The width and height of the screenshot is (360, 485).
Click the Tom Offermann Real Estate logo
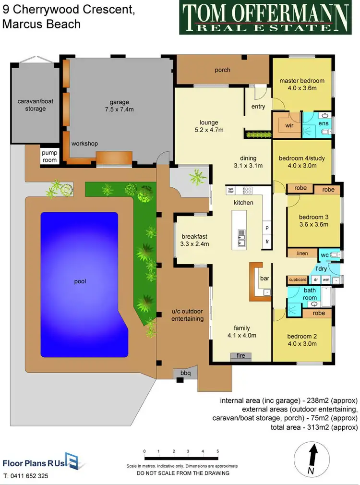[264, 18]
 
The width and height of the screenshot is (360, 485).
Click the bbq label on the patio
[185, 373]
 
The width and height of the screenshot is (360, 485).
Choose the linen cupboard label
[302, 253]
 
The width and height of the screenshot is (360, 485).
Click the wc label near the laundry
[324, 254]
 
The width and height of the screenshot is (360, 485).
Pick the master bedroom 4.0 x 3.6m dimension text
[302, 88]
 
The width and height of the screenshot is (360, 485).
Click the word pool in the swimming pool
[80, 281]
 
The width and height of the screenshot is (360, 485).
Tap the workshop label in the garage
[84, 144]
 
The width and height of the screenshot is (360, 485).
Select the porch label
[222, 70]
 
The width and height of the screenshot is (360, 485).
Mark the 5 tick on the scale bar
[218, 451]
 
